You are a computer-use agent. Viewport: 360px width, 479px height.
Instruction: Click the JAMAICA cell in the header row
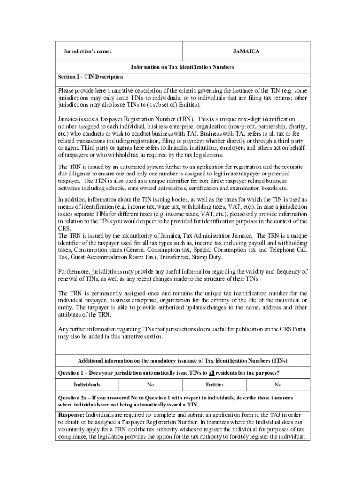click(246, 51)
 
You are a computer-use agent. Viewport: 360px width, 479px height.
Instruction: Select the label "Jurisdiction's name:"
click(87, 51)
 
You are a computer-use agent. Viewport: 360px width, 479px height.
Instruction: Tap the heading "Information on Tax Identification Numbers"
click(182, 67)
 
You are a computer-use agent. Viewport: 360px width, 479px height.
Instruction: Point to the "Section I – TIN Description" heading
click(90, 77)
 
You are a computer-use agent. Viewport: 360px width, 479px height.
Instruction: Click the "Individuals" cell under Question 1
click(87, 385)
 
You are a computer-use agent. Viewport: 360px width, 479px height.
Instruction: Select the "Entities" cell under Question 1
click(215, 385)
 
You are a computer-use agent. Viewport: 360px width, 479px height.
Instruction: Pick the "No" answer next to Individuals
click(151, 385)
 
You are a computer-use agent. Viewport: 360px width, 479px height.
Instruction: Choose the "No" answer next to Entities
click(278, 385)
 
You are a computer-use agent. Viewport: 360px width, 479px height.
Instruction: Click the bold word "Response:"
click(71, 415)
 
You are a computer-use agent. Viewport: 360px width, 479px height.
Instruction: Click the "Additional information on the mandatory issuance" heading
click(182, 361)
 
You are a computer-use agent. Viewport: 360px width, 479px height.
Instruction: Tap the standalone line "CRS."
click(64, 228)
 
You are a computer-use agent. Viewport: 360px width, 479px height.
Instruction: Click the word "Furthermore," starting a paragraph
click(74, 271)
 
